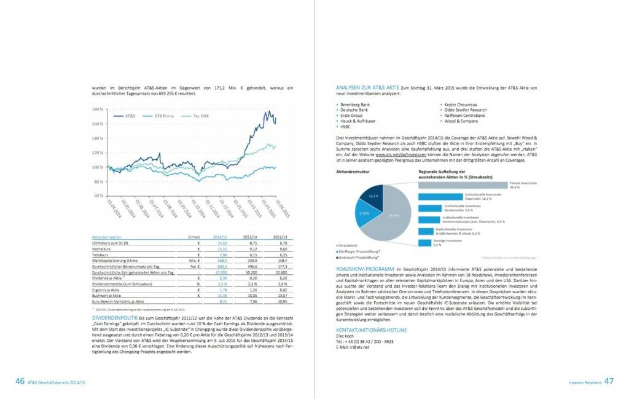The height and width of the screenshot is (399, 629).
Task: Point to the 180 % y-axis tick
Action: [97, 109]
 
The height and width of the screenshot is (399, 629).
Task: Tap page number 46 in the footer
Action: [20, 381]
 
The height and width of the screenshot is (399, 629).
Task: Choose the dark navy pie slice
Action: [373, 197]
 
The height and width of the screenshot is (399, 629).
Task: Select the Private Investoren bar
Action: [463, 184]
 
